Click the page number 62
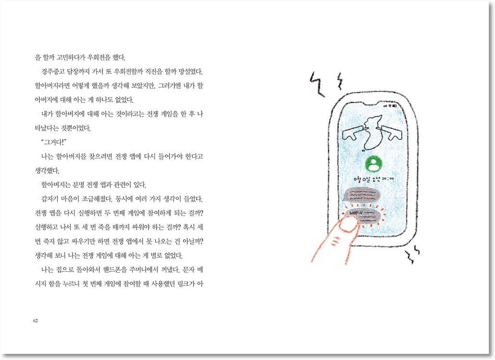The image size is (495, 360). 36,321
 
